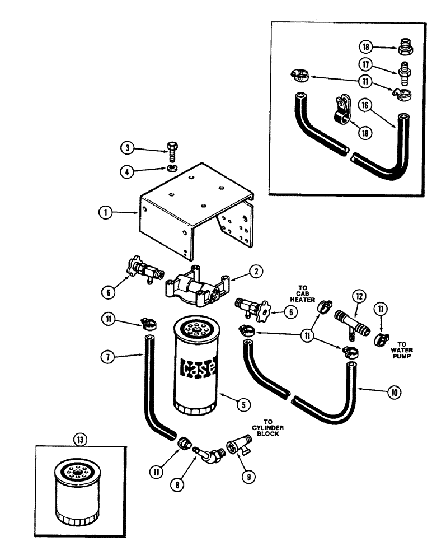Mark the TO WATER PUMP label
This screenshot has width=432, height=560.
402,350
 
